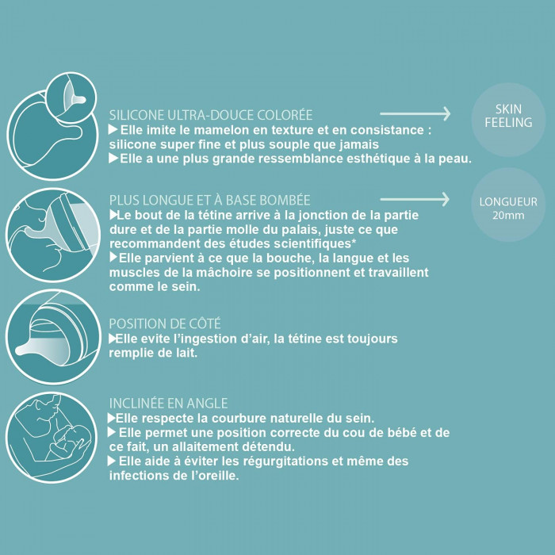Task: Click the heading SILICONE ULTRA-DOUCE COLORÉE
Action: [211, 114]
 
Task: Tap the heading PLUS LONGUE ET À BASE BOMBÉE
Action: [209, 200]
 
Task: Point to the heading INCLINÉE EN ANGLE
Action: [168, 403]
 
